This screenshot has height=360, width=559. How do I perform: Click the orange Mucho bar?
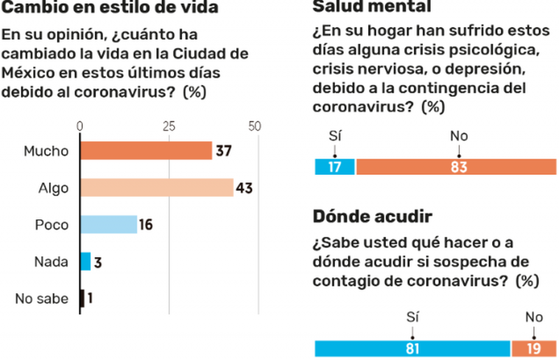tap(146, 150)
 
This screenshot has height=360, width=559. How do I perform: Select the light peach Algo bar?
tap(157, 187)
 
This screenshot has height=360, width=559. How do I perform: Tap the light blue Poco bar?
tap(109, 224)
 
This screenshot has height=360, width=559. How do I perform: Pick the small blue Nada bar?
tap(86, 261)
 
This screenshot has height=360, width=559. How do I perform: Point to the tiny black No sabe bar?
tap(82, 298)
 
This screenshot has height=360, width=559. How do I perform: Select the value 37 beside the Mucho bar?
tap(223, 150)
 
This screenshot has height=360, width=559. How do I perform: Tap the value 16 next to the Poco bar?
tap(146, 224)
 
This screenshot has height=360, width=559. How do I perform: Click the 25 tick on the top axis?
tap(169, 127)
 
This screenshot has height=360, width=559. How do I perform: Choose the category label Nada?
tap(51, 261)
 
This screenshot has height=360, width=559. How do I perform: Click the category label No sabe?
tap(42, 298)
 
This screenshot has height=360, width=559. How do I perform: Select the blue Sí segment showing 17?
tap(334, 167)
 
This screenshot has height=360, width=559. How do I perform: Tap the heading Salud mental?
tap(371, 7)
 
